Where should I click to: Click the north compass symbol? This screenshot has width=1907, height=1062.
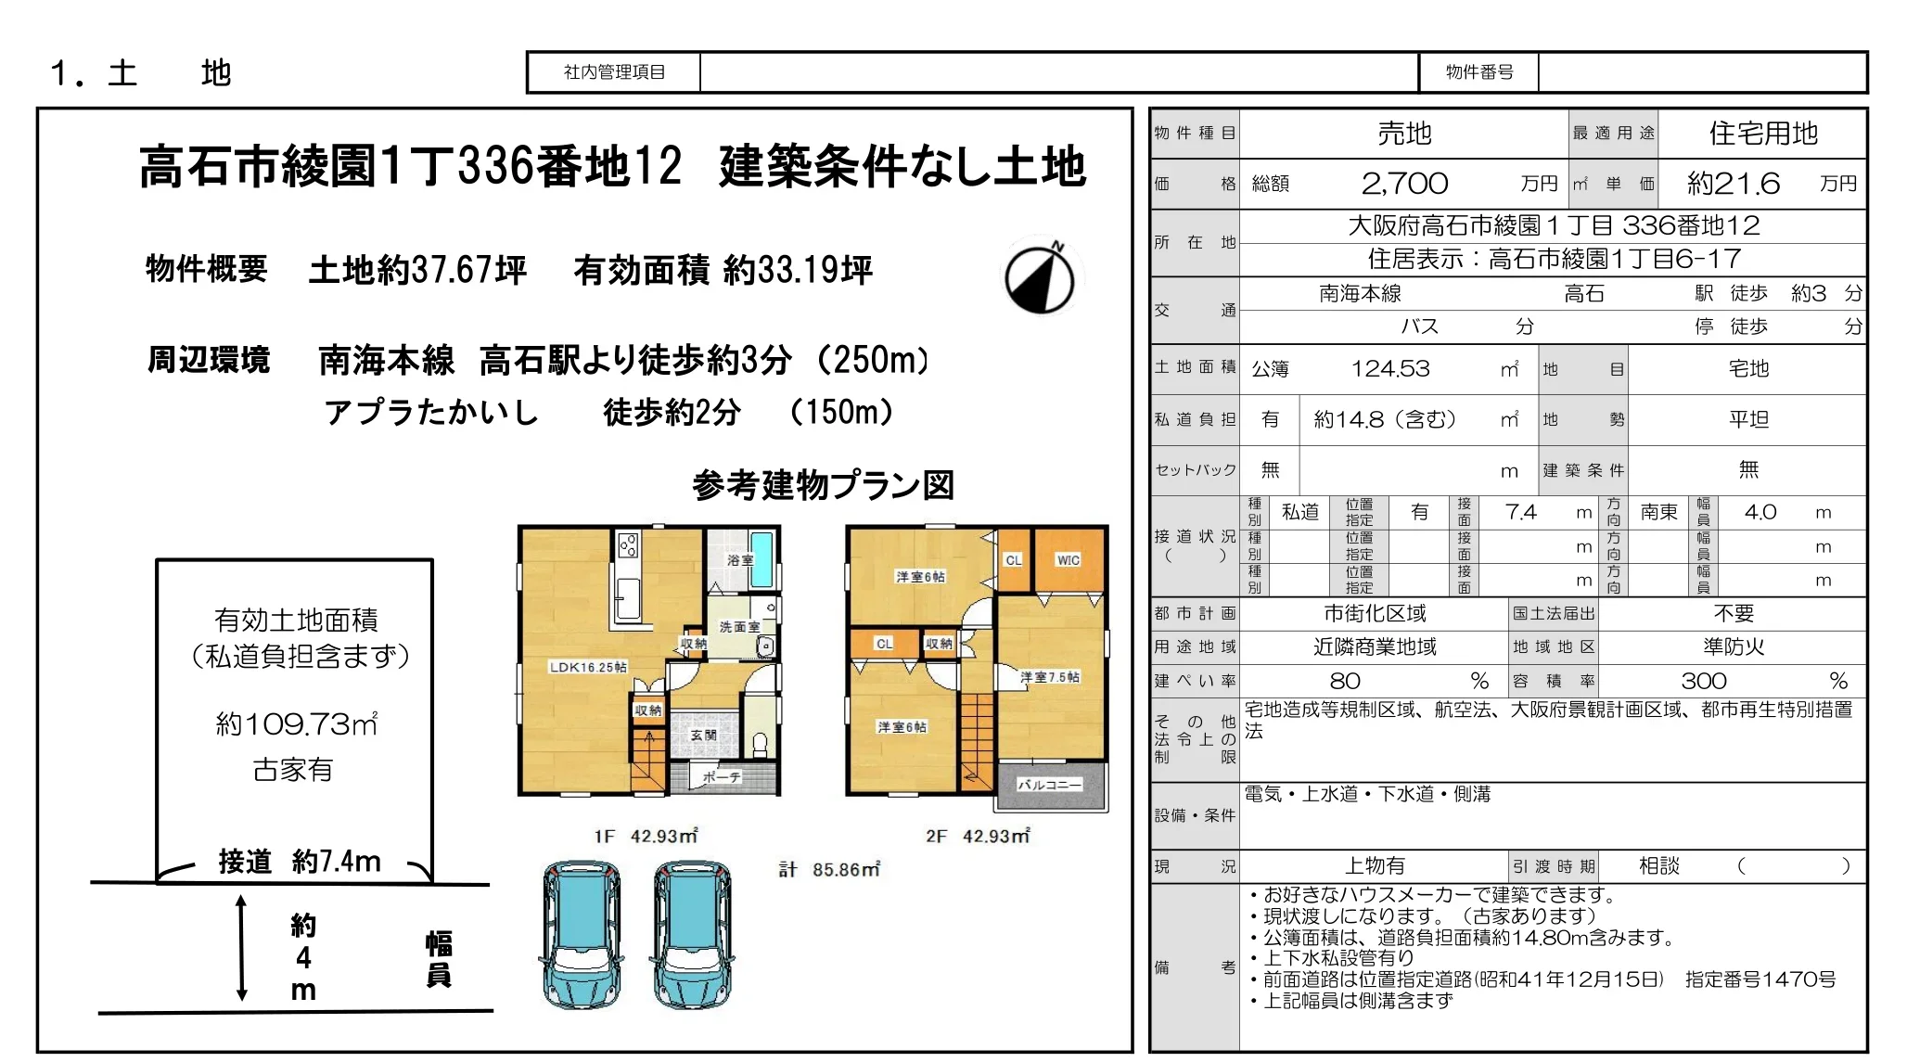(x=1040, y=277)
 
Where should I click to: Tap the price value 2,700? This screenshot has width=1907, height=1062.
(x=1404, y=184)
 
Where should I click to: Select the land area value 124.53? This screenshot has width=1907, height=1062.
(x=1390, y=369)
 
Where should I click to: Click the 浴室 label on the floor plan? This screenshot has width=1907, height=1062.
(x=740, y=560)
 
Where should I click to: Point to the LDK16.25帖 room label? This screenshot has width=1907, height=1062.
(x=588, y=667)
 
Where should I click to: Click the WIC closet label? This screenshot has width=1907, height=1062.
(x=1069, y=560)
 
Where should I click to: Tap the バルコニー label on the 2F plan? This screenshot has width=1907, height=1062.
(x=1049, y=785)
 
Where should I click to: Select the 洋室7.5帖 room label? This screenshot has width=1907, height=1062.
(x=1050, y=677)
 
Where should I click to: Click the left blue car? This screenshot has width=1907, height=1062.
(x=582, y=934)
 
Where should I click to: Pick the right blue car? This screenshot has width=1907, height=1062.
(x=693, y=934)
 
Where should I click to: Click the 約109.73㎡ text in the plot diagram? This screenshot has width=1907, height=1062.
(x=297, y=723)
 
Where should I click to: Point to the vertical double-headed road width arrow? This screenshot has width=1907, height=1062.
(x=241, y=948)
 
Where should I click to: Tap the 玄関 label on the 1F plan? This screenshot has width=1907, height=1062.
(x=703, y=735)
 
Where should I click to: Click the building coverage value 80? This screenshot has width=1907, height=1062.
(x=1345, y=681)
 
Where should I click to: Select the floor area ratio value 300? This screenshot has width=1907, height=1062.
(x=1704, y=681)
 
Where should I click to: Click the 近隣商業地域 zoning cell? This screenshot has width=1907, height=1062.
(x=1375, y=646)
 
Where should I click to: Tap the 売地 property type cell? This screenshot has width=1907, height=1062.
(x=1404, y=134)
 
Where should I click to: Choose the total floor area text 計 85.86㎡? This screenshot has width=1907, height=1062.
(x=829, y=869)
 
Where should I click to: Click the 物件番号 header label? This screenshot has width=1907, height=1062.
(x=1479, y=72)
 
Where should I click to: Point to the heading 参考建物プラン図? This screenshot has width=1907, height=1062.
(x=824, y=484)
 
